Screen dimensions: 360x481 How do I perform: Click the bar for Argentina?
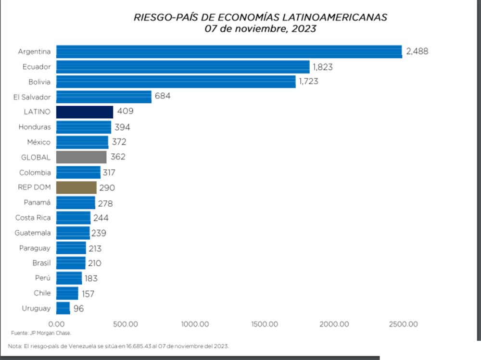[229, 51]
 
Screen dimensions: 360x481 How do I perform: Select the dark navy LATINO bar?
[85, 112]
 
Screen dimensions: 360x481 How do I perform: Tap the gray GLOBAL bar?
[81, 157]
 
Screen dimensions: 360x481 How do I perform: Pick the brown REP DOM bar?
[76, 187]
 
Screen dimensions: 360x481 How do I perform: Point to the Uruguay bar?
[63, 308]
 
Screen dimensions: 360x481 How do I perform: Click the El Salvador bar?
[104, 97]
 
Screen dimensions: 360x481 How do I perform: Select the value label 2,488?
[417, 51]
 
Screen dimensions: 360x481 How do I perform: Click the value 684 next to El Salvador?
[163, 96]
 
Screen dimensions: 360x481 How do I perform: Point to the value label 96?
[79, 309]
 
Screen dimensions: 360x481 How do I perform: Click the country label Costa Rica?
[33, 218]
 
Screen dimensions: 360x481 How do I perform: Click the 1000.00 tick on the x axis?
[195, 324]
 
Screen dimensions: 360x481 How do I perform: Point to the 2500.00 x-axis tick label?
[403, 324]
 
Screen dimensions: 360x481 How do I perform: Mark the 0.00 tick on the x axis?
[56, 324]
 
